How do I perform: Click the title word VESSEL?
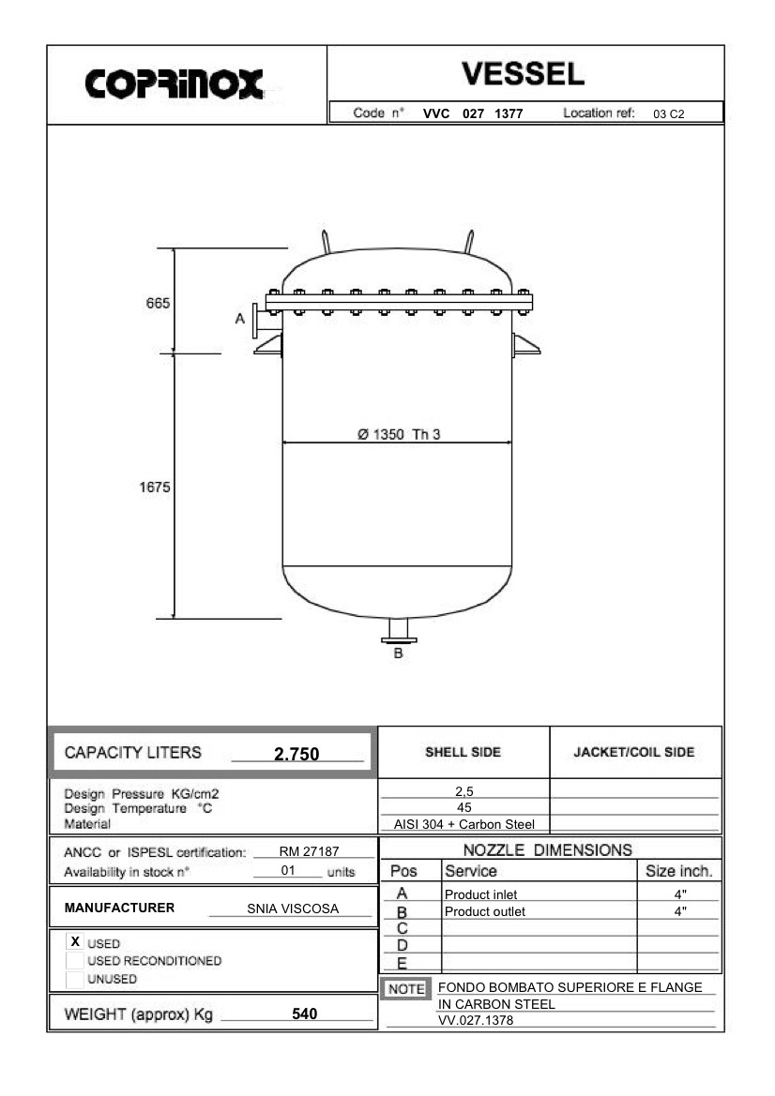[x=524, y=73]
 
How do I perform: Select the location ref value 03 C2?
[x=669, y=114]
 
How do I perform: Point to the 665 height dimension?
[x=157, y=304]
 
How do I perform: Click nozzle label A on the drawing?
[x=240, y=319]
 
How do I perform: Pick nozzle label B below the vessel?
[x=398, y=653]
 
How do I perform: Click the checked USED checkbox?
[x=74, y=941]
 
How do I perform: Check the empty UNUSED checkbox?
[x=74, y=979]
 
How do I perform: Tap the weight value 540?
[x=305, y=1013]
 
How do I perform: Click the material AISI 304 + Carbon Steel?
[x=464, y=825]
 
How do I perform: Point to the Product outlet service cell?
[x=485, y=911]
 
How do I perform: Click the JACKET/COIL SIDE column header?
[x=634, y=752]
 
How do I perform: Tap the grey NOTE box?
[x=406, y=989]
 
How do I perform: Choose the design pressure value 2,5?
[x=463, y=791]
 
